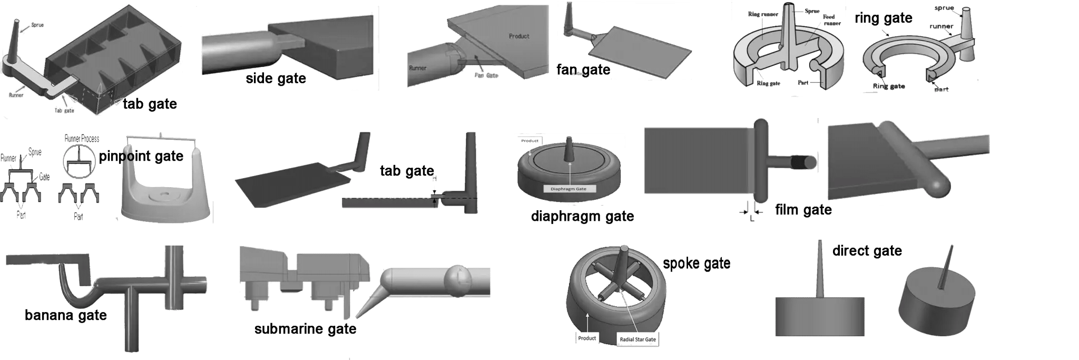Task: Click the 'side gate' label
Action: (276, 79)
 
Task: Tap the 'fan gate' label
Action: (583, 70)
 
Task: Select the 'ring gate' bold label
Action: (884, 18)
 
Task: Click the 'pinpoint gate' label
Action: (141, 156)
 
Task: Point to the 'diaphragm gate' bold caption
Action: (582, 216)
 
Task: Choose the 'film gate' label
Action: (803, 210)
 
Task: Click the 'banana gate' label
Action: (66, 315)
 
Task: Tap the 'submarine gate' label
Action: (305, 329)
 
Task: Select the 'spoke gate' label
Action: (697, 263)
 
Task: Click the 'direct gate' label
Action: (867, 251)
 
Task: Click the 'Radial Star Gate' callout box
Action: (637, 339)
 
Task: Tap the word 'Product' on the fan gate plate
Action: (519, 36)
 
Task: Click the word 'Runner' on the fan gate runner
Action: (418, 68)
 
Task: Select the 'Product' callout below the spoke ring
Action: (586, 338)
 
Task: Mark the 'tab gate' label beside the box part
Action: (150, 104)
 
